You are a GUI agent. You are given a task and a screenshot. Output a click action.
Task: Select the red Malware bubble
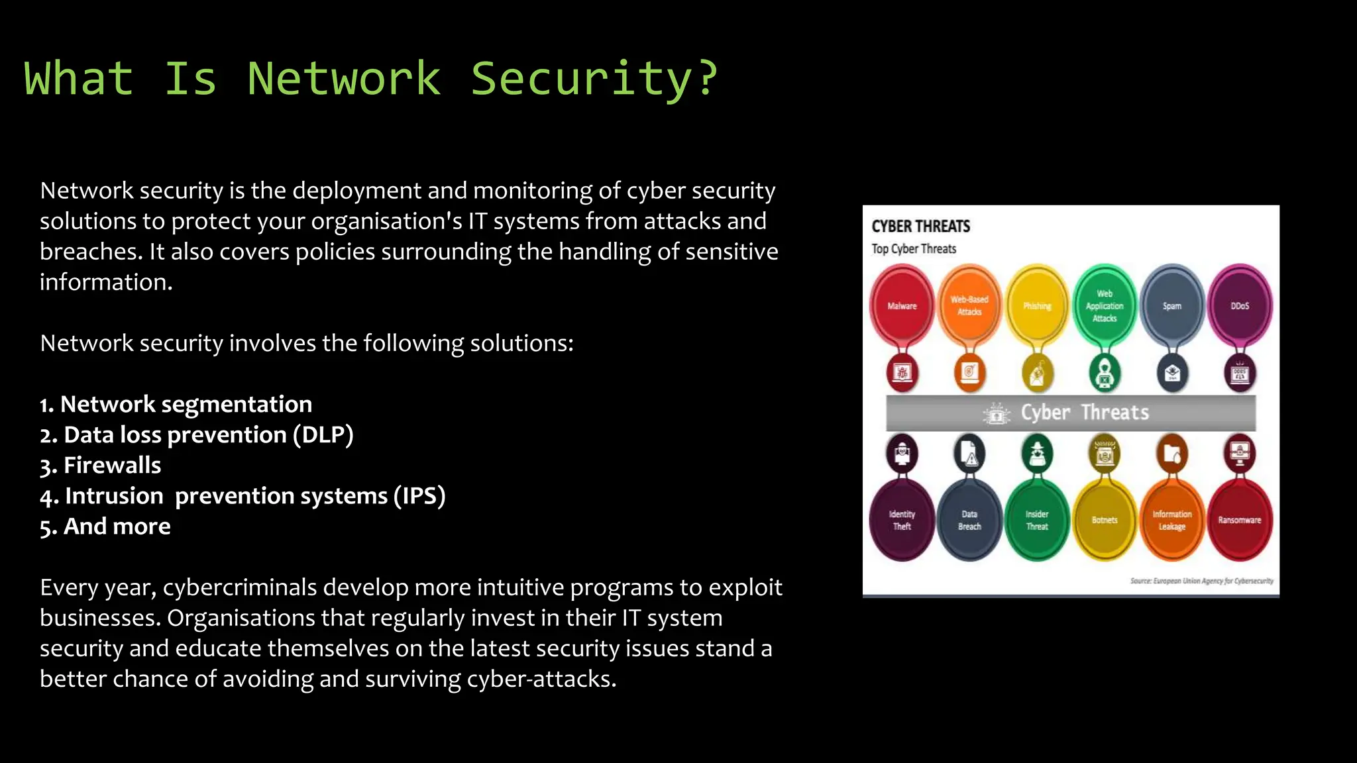(902, 306)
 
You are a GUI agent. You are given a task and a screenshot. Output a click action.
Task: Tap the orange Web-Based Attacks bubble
(969, 306)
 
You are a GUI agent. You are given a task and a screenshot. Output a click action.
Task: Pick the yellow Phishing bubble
(1037, 306)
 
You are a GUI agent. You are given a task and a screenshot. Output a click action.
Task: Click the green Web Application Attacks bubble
(1105, 306)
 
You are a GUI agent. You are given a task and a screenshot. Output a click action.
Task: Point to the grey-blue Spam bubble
(1172, 306)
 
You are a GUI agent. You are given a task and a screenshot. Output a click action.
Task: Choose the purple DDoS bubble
(1240, 306)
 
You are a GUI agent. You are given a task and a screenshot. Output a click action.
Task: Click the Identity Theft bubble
(902, 521)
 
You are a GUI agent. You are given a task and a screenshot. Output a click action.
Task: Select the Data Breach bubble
(969, 521)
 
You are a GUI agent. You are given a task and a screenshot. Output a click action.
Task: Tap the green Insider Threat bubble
(1037, 521)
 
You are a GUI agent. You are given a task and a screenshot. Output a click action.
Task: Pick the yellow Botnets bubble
(1105, 521)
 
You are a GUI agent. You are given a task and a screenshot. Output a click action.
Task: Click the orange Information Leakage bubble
(1172, 521)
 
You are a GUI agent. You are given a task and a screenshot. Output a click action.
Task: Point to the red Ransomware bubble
(1240, 521)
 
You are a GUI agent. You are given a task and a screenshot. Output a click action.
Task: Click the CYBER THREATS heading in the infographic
(920, 227)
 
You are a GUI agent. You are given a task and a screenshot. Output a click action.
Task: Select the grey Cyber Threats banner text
(1084, 413)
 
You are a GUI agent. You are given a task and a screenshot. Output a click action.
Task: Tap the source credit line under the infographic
(1201, 581)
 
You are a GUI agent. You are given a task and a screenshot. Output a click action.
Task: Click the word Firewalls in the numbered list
(112, 466)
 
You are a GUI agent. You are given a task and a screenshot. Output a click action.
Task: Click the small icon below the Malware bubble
(902, 373)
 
